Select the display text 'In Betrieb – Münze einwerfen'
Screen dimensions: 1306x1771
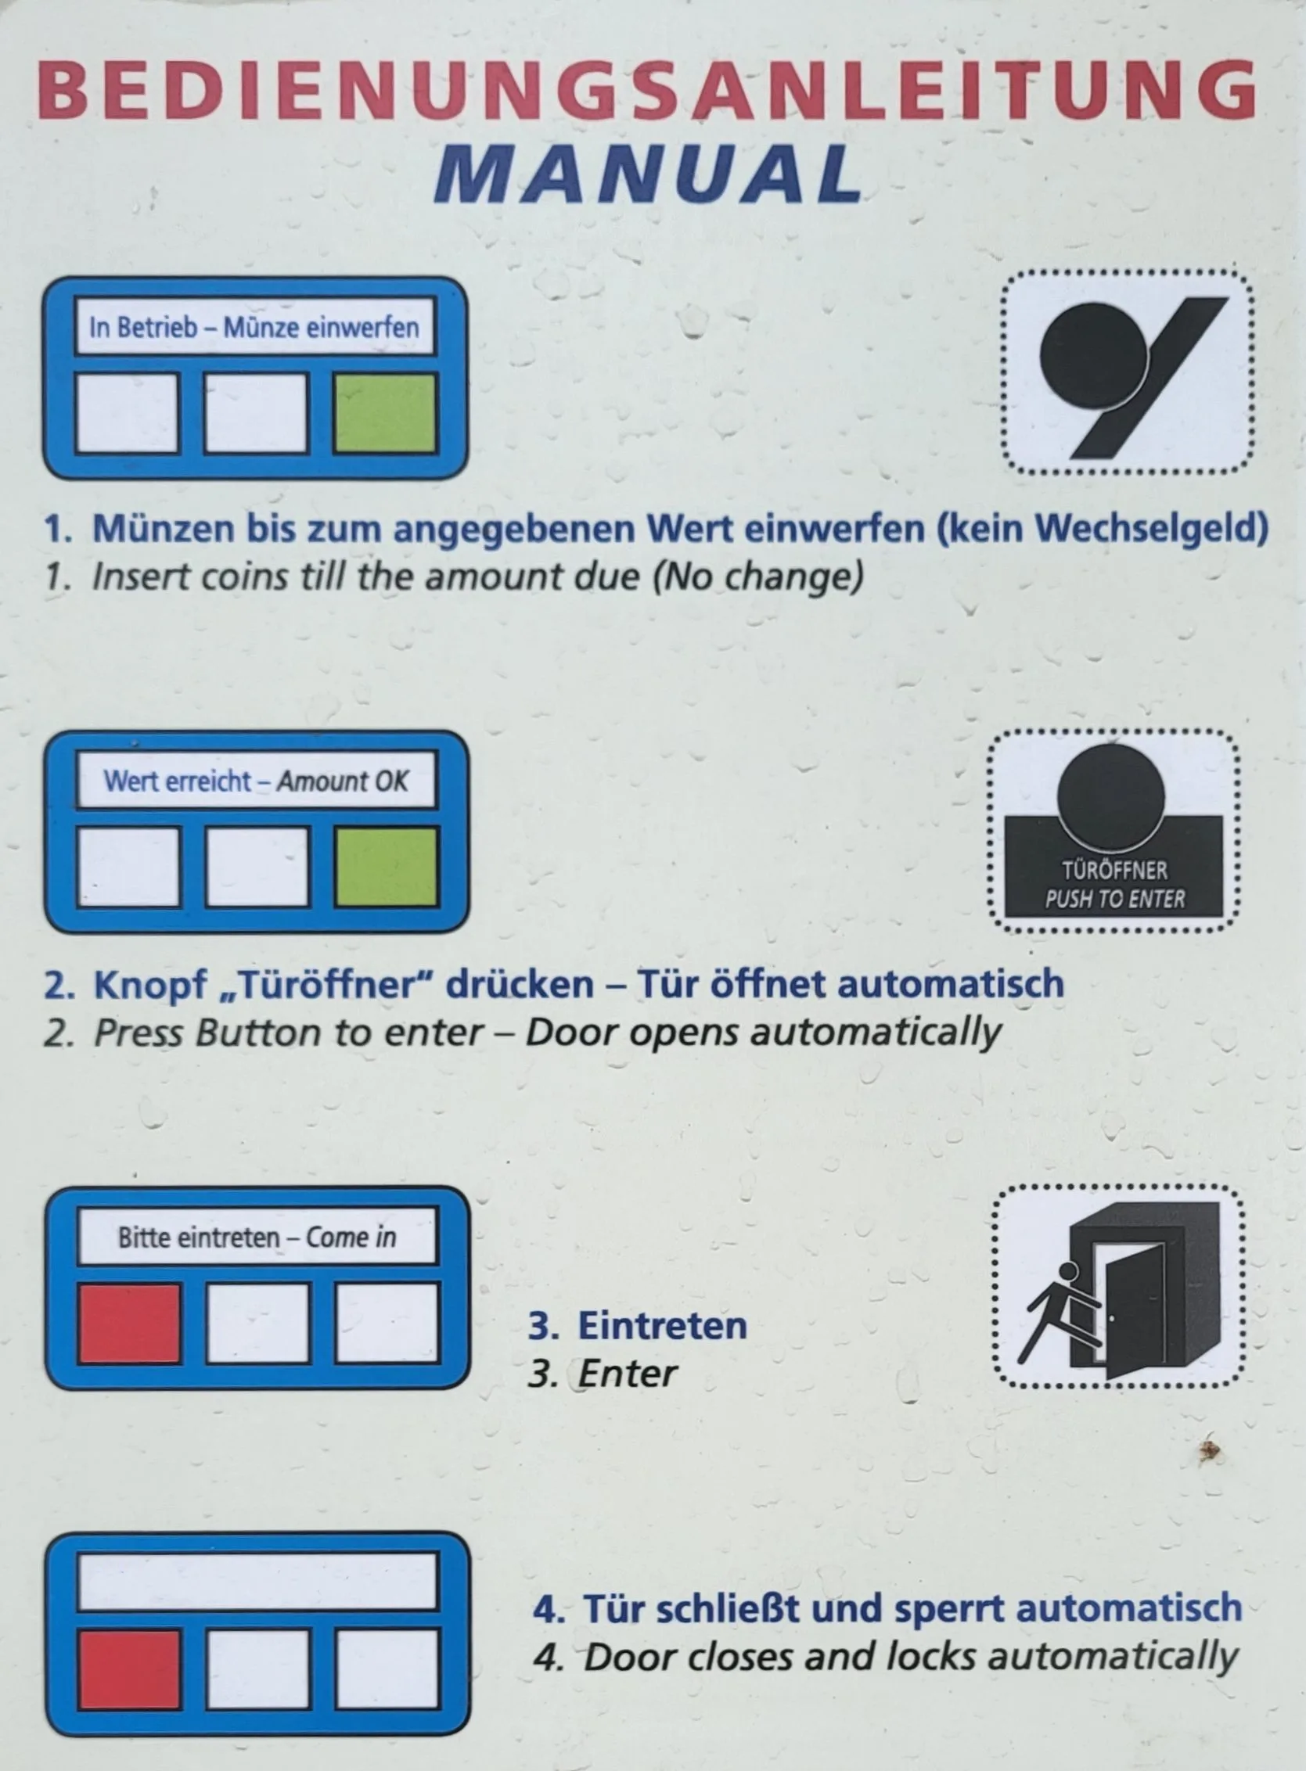254,326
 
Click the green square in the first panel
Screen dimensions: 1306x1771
385,413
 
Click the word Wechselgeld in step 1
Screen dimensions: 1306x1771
1103,528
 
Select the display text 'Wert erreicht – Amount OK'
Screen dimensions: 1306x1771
256,781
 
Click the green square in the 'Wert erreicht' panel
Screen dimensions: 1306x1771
387,866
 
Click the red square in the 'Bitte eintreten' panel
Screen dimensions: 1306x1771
129,1323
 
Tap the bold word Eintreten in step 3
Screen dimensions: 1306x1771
663,1325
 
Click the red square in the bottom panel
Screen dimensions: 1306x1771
129,1669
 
